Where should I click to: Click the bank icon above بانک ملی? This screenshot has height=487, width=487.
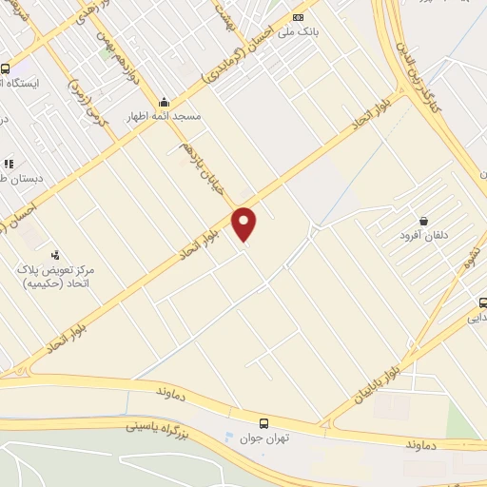click(300, 17)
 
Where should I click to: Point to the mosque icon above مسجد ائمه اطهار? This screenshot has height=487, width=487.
click(165, 103)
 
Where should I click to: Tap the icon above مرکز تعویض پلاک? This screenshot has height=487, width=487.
click(55, 255)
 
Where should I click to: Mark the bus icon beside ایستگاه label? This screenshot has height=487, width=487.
click(6, 69)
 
